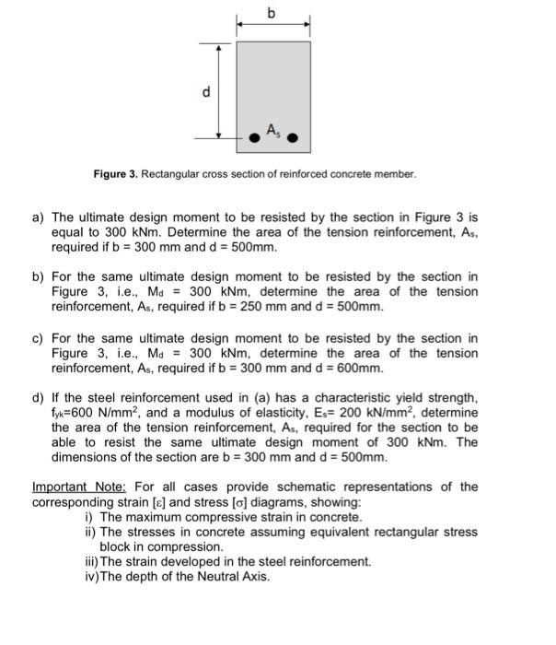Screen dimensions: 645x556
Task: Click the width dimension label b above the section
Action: click(271, 12)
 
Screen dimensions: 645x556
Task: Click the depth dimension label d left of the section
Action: click(206, 91)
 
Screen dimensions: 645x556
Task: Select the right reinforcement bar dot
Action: click(294, 140)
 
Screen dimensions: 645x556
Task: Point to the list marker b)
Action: click(39, 277)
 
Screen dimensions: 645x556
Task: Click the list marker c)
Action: click(39, 339)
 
